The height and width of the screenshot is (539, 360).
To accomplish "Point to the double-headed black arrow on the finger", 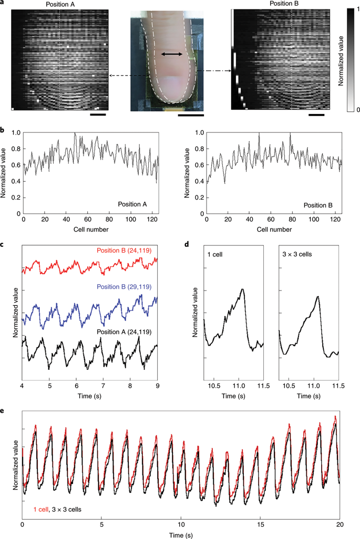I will (172, 55).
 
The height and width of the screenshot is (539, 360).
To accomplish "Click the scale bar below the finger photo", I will (191, 113).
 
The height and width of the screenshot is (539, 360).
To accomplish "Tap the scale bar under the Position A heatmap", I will (98, 113).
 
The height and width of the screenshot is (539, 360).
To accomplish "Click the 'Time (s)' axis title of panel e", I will (181, 534).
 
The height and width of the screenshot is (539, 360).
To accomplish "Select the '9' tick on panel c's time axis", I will (157, 385).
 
